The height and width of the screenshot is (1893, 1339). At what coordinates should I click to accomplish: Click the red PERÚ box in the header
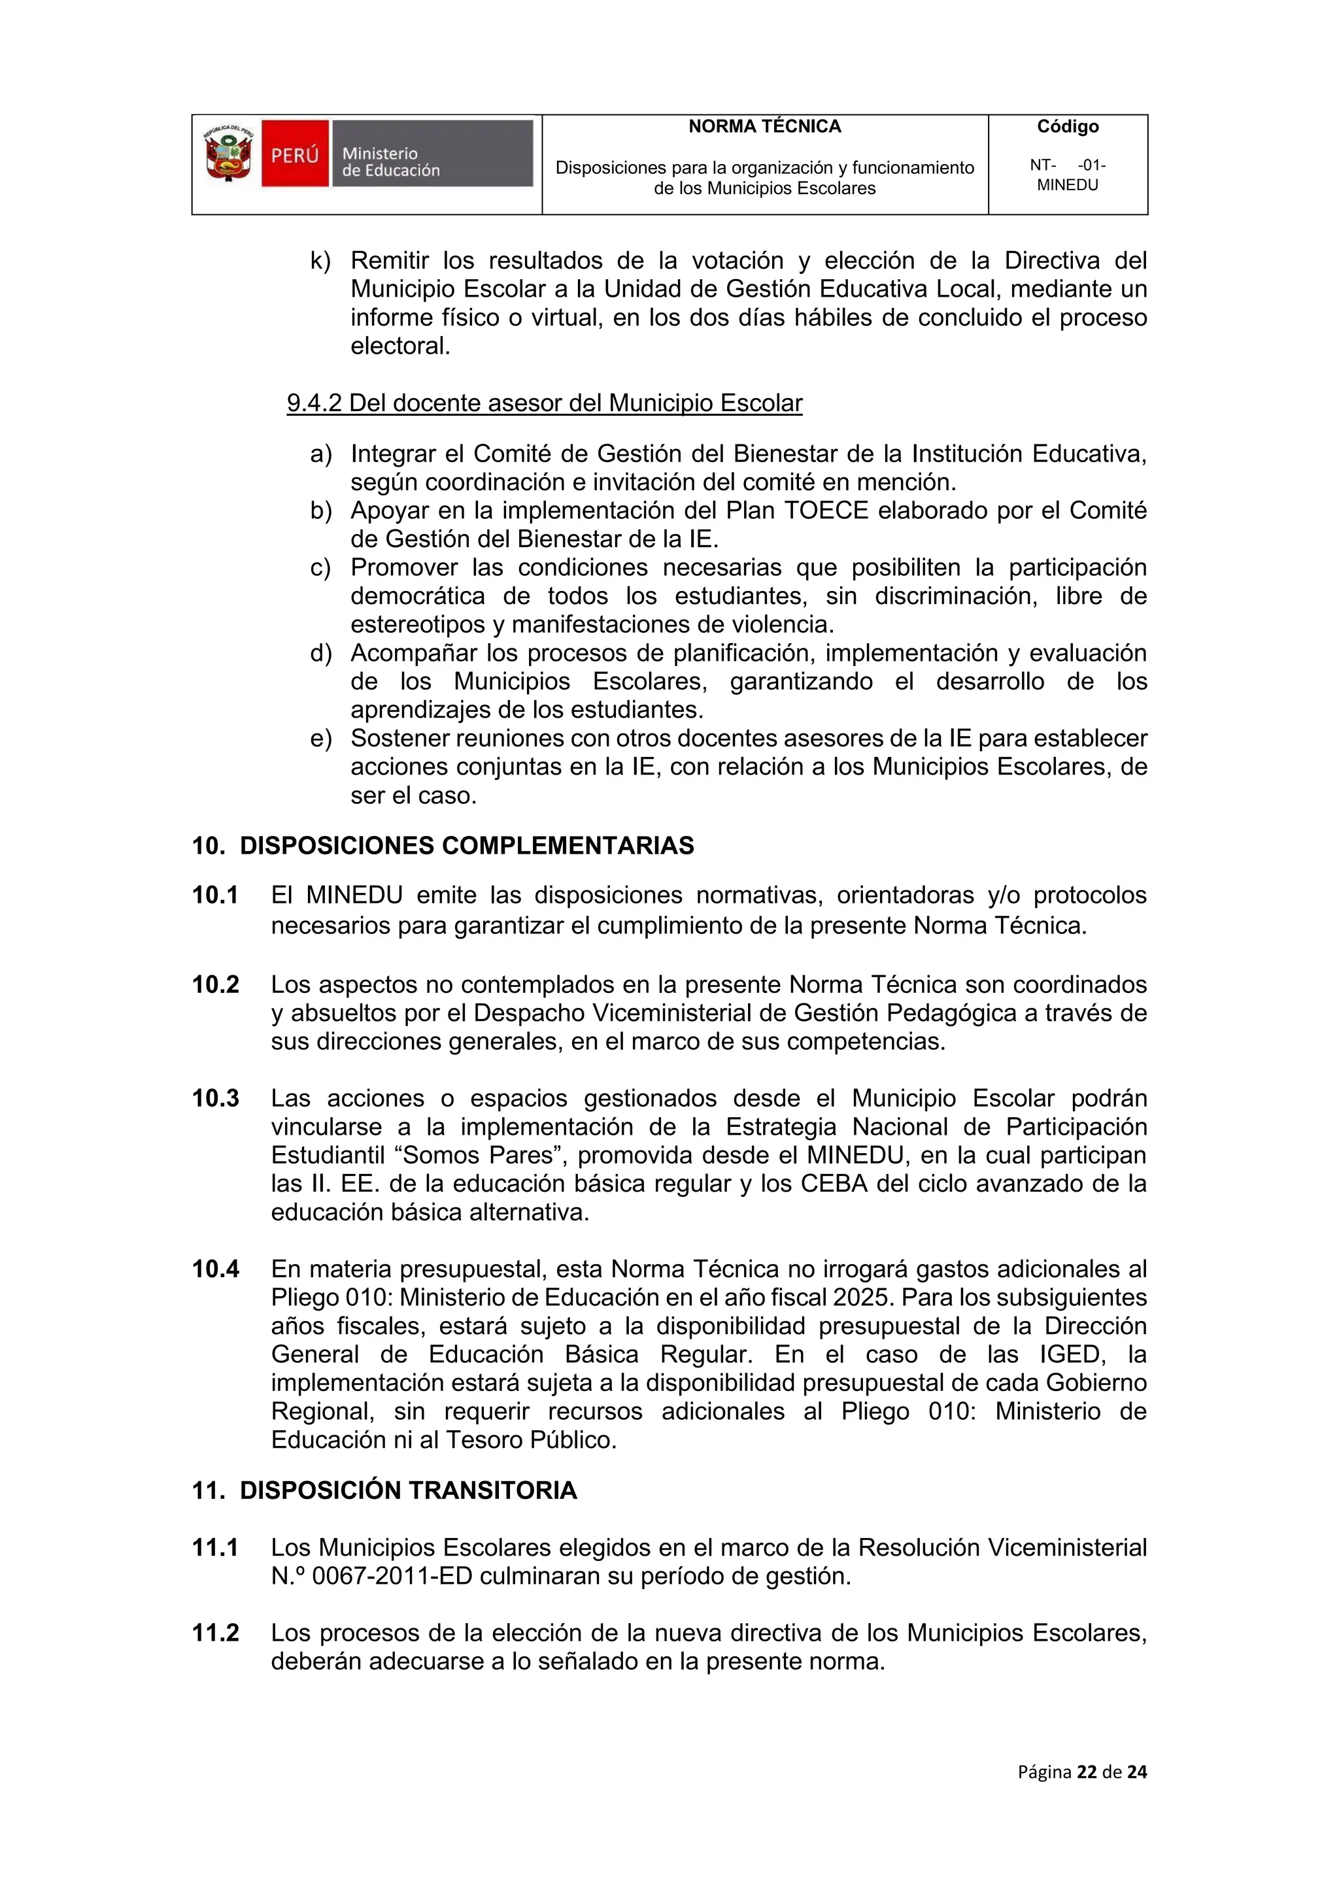(x=295, y=154)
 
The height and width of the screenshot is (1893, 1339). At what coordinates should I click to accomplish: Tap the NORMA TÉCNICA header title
(x=764, y=126)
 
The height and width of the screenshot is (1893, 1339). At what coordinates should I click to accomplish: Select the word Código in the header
(x=1067, y=126)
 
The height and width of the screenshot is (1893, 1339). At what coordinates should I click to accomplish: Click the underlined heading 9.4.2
(x=544, y=403)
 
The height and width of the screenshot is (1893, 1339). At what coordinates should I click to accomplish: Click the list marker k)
(x=320, y=261)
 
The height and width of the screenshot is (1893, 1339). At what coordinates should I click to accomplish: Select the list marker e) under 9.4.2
(x=320, y=738)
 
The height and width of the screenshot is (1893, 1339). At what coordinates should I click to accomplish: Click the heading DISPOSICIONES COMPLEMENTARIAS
(x=467, y=845)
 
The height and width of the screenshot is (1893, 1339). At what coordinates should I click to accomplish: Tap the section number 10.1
(x=215, y=895)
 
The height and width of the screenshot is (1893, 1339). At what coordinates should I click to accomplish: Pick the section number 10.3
(x=215, y=1098)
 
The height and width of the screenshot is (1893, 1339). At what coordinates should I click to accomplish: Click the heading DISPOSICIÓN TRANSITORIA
(x=408, y=1490)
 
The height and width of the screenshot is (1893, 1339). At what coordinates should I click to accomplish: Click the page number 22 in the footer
(x=1087, y=1772)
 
